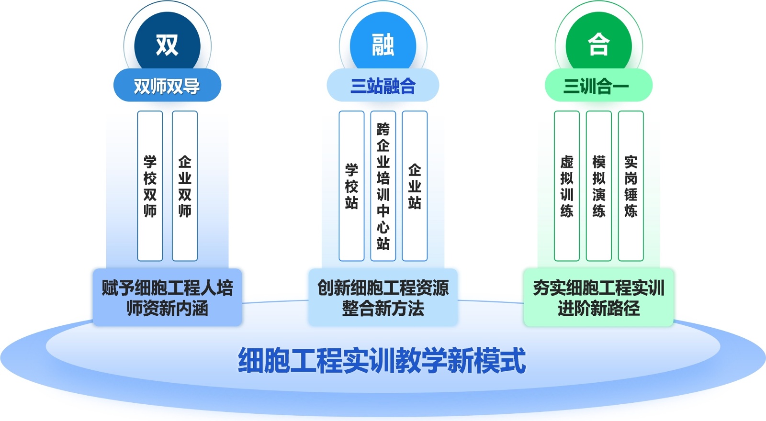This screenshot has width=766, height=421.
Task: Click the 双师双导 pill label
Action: (167, 86)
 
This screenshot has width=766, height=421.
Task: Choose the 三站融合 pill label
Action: (383, 86)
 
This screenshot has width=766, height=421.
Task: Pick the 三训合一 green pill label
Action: (598, 86)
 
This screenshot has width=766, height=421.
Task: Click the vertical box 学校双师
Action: (150, 186)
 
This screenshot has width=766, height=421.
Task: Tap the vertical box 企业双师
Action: (185, 186)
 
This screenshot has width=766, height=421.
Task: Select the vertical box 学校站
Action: (351, 186)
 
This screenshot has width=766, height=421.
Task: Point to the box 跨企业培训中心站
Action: (383, 186)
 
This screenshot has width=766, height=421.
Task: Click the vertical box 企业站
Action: (415, 186)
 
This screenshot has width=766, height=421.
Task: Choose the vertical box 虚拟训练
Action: (567, 186)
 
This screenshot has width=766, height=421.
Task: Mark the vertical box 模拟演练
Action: (599, 186)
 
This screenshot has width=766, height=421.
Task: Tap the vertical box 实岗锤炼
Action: (631, 186)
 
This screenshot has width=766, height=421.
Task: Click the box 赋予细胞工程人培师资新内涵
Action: (167, 298)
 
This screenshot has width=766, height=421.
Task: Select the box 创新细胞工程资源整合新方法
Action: (383, 298)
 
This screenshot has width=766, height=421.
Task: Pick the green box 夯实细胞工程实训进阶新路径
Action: (598, 298)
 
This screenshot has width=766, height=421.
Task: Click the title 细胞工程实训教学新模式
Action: (382, 360)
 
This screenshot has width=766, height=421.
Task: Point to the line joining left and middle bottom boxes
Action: (275, 301)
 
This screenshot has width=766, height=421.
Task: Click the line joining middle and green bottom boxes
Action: (491, 301)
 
